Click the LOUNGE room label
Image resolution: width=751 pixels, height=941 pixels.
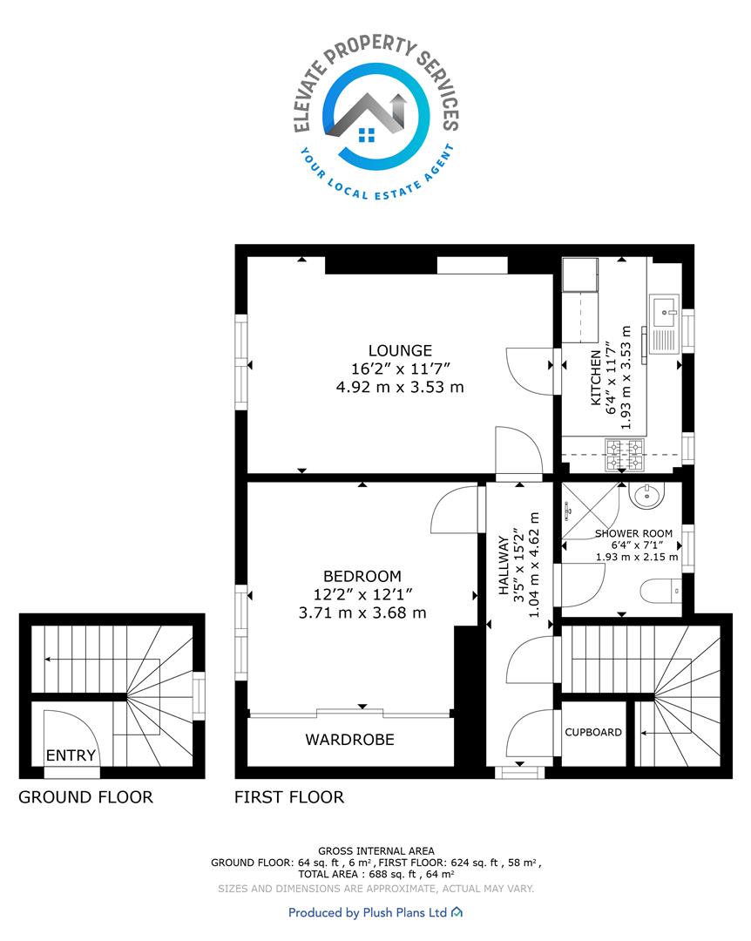click(x=400, y=350)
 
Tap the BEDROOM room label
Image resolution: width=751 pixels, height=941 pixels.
click(x=362, y=576)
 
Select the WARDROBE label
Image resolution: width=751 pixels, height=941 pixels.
click(x=350, y=740)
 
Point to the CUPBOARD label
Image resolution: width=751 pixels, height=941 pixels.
click(x=593, y=732)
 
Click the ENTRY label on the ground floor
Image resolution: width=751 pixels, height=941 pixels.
click(x=71, y=755)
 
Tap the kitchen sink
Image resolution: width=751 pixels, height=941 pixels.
click(x=665, y=323)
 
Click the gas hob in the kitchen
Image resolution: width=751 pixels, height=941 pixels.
click(x=625, y=455)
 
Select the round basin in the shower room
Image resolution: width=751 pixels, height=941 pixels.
click(x=647, y=495)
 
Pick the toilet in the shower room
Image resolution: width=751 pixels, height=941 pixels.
click(x=661, y=591)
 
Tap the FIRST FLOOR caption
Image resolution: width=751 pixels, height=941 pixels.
click(x=289, y=797)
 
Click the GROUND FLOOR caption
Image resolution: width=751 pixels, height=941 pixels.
click(x=86, y=797)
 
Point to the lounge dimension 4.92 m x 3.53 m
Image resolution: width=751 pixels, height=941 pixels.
click(x=400, y=387)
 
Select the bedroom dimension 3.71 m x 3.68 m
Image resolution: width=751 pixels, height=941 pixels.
click(x=362, y=613)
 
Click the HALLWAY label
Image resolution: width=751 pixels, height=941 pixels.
click(x=504, y=565)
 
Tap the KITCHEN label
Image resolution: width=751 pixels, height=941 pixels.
click(x=596, y=378)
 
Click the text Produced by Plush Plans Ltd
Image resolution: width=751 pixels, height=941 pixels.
click(x=368, y=913)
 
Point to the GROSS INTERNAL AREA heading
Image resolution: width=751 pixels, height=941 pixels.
click(x=376, y=850)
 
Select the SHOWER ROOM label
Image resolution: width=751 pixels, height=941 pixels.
click(x=634, y=533)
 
